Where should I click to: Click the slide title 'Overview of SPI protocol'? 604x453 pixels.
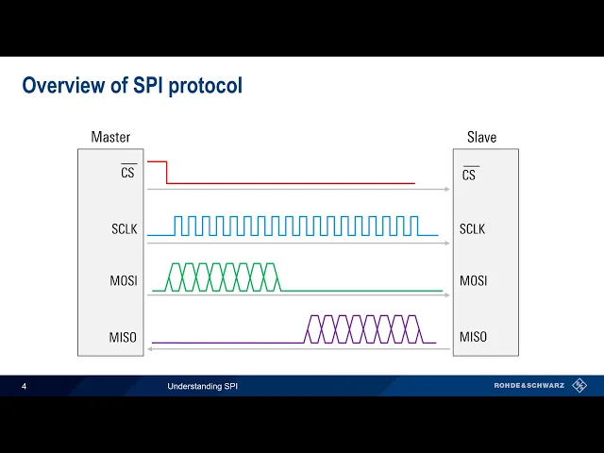coord(132,86)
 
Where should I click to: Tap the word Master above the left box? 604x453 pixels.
coord(110,138)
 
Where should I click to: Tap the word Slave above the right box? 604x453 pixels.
coord(481,138)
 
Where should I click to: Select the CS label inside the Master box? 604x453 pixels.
coord(127,174)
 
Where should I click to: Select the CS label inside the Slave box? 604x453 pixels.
coord(469,175)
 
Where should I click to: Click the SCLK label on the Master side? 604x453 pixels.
coord(125,228)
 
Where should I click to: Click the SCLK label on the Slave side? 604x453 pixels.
coord(473,228)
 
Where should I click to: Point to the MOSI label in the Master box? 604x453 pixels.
coord(125,281)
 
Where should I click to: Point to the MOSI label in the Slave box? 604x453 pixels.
coord(473,281)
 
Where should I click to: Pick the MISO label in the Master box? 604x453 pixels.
coord(124,337)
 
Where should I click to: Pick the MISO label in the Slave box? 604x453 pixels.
coord(473,337)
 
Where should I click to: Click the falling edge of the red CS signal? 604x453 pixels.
coord(166,173)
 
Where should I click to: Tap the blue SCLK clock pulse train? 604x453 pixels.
coord(295,226)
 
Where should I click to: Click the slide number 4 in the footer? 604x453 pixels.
coord(24,386)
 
